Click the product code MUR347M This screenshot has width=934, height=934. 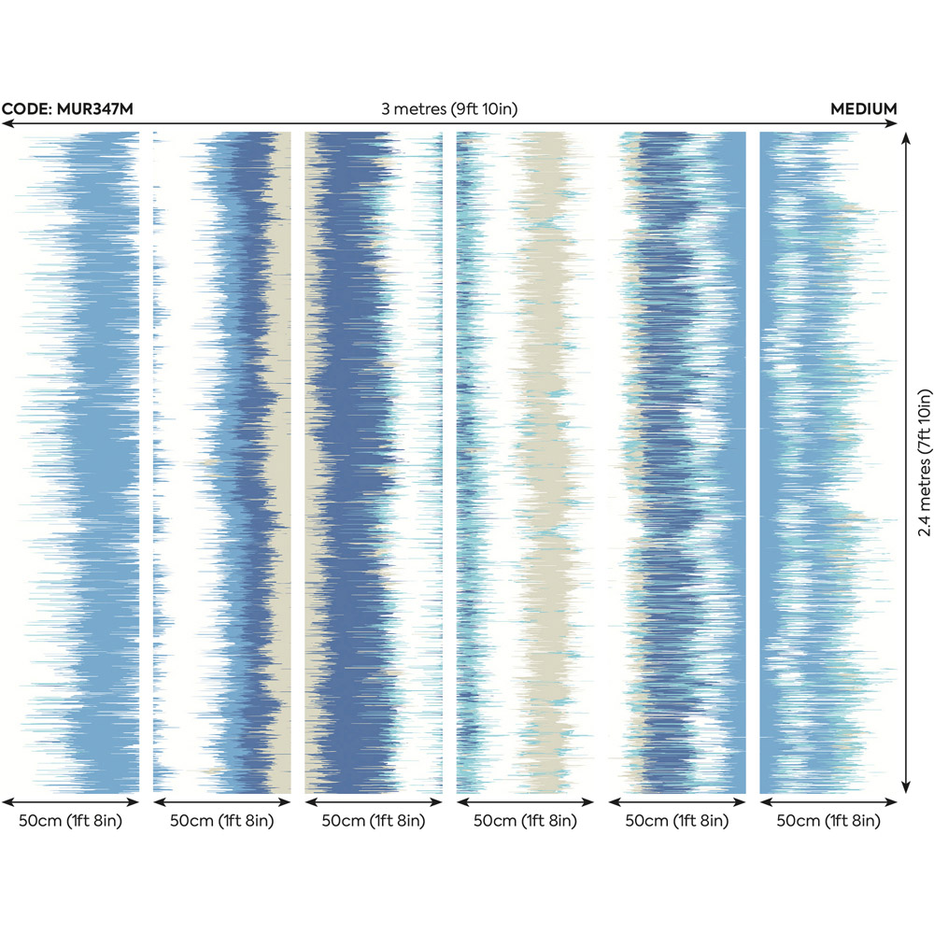tap(67, 109)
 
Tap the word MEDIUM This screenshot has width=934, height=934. tap(864, 109)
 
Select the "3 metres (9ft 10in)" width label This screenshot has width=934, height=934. tap(449, 109)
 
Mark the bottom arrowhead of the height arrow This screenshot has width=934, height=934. tap(904, 790)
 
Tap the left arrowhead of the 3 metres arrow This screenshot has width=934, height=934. tap(6, 123)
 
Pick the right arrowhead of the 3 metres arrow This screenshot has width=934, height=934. tap(895, 123)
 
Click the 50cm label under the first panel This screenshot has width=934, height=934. tap(70, 821)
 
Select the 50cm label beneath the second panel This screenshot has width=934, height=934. tap(221, 821)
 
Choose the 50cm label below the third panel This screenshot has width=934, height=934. tap(374, 821)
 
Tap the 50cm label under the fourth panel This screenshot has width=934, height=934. tap(525, 821)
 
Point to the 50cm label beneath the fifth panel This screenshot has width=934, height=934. tap(677, 821)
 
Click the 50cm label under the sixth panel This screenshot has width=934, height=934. tap(828, 821)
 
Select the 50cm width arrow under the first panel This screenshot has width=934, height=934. tap(70, 801)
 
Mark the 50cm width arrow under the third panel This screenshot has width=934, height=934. tap(374, 801)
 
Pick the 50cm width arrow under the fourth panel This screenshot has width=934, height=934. tap(525, 801)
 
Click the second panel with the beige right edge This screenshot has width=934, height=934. tap(221, 462)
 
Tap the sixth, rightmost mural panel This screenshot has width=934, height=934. tap(828, 462)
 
